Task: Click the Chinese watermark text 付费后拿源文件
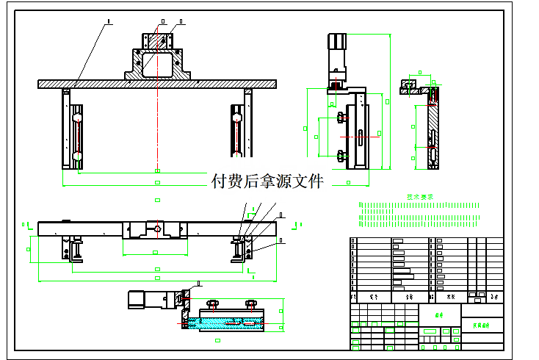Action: pyautogui.click(x=267, y=181)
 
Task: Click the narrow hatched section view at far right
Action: pyautogui.click(x=433, y=129)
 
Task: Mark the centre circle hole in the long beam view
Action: pyautogui.click(x=157, y=228)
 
